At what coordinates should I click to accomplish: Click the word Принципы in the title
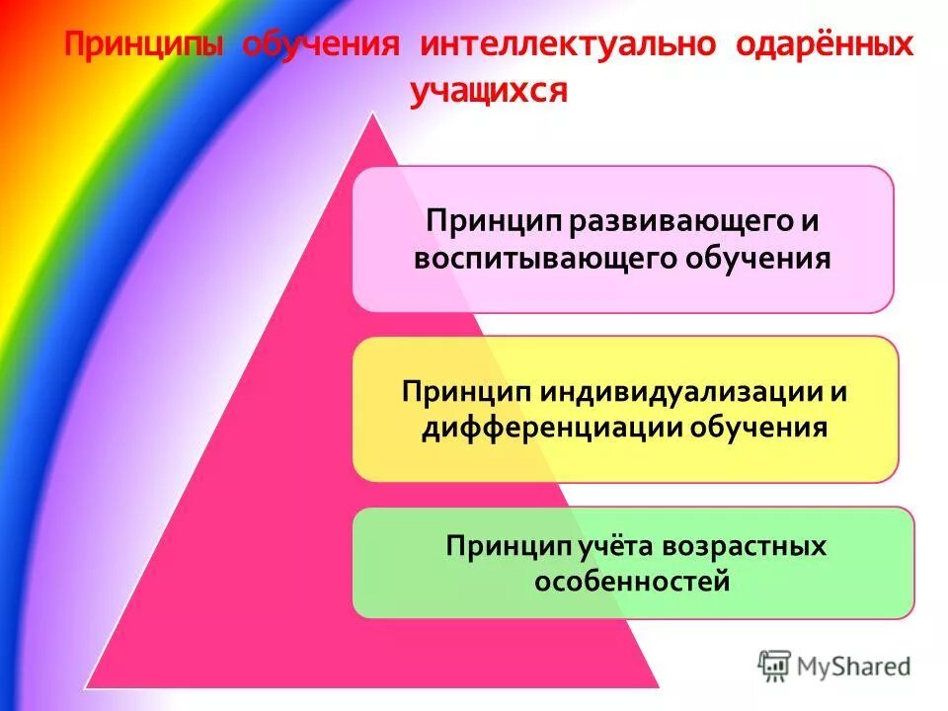point(145,46)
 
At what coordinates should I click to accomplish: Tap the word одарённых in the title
point(825,46)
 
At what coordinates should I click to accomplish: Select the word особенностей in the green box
point(632,581)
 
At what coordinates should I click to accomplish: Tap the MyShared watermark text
point(855,667)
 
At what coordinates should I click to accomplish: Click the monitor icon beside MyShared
point(775,666)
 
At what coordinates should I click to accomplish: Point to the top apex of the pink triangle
point(373,114)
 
